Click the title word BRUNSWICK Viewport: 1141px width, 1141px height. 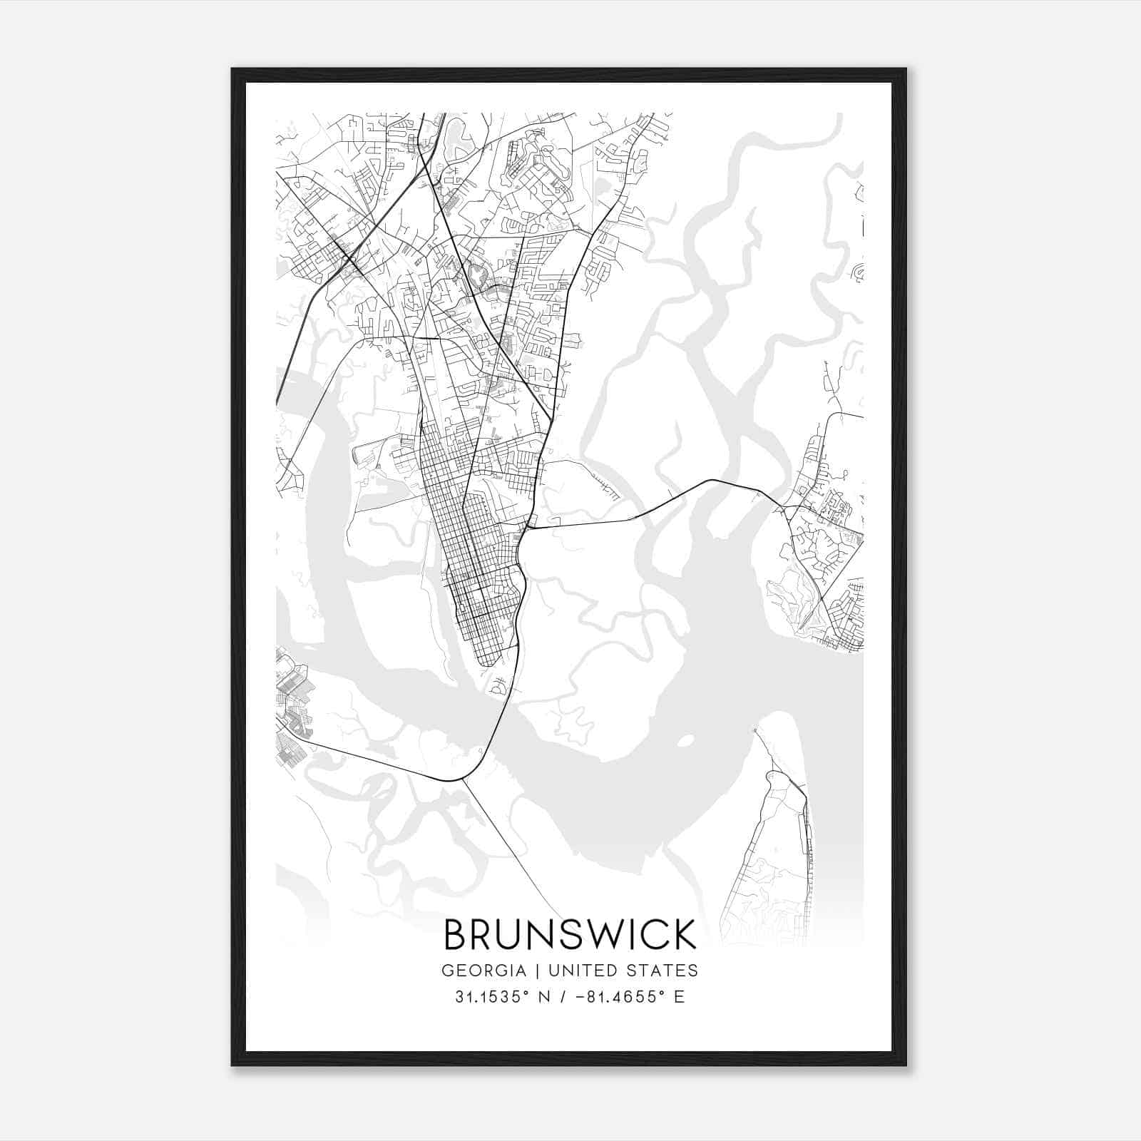570,934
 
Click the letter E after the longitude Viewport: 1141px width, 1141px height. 679,997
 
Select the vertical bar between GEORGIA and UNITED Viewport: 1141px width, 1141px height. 533,971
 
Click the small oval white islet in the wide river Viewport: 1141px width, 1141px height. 684,741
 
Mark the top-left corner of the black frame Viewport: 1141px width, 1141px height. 232,69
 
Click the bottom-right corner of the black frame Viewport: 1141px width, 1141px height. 906,1065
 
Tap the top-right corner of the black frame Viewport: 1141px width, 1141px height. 906,69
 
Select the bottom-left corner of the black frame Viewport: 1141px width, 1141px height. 232,1065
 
